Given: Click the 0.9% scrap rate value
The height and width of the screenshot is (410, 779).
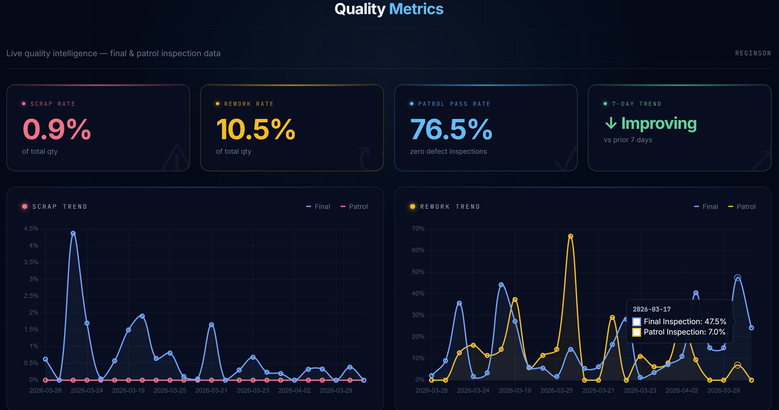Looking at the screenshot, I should tap(57, 130).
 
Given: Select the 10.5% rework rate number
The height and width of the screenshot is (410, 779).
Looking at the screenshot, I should tap(255, 130).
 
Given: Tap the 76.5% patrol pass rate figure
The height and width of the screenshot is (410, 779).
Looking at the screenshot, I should tap(451, 130).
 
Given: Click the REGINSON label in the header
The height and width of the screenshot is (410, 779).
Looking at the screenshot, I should tap(753, 53).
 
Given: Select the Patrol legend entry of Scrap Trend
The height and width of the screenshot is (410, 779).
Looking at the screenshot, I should tap(354, 207).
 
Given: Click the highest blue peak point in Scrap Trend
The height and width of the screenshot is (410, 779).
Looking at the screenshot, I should tap(73, 233).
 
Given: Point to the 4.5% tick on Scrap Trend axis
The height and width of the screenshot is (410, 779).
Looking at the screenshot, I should tap(31, 229).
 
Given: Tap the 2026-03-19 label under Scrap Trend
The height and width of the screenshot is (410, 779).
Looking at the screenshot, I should tap(128, 391).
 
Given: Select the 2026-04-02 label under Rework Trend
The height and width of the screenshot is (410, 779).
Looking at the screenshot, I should tap(682, 391).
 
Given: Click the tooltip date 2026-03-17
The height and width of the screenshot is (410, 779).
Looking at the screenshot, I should tap(651, 309).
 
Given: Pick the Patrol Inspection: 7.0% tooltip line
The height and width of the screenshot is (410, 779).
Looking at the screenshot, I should tap(684, 332).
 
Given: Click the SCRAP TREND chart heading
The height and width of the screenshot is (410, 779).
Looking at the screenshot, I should tap(59, 207).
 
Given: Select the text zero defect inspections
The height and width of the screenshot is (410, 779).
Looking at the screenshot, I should tap(448, 151).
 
